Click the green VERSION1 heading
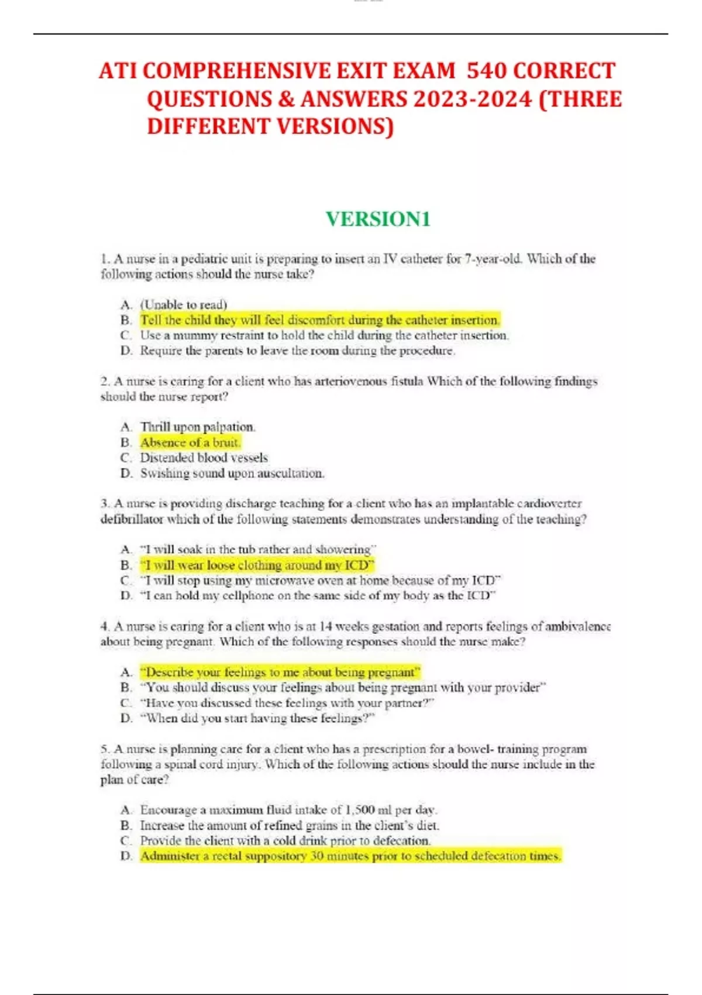[x=378, y=219]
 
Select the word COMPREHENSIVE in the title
[x=237, y=71]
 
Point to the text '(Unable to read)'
[x=183, y=304]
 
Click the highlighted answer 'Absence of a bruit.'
[x=190, y=442]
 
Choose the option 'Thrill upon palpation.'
[x=198, y=427]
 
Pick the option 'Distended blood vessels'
[x=204, y=458]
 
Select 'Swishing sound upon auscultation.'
[x=232, y=473]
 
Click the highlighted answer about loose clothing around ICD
[x=256, y=565]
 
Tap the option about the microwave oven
[x=320, y=581]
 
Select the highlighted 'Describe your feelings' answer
[x=280, y=672]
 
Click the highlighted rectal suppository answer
[x=350, y=856]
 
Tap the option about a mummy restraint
[x=324, y=335]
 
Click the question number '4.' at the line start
[x=105, y=626]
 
